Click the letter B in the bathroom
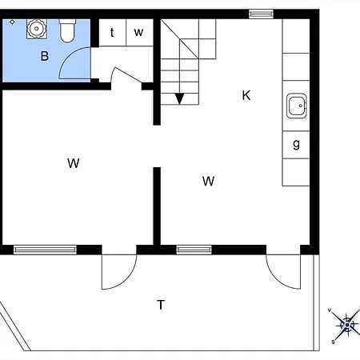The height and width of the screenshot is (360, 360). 45,56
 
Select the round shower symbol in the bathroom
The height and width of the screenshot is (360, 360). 36,29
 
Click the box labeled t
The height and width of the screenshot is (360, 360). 112,33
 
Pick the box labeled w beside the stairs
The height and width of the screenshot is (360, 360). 138,33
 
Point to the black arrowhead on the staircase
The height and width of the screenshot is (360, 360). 179,98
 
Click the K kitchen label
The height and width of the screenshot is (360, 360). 246,95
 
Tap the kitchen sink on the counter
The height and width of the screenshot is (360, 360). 297,105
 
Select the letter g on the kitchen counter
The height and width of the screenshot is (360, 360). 297,144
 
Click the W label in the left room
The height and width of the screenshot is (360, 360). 74,163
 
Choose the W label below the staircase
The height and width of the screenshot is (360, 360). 209,181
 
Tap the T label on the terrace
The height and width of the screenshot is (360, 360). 161,304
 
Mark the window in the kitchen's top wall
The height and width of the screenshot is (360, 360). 260,13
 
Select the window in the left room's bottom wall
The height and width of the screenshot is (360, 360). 45,250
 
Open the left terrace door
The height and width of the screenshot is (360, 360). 118,272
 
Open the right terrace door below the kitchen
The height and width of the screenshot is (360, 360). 285,272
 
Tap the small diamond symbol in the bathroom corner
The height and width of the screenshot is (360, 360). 11,22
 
